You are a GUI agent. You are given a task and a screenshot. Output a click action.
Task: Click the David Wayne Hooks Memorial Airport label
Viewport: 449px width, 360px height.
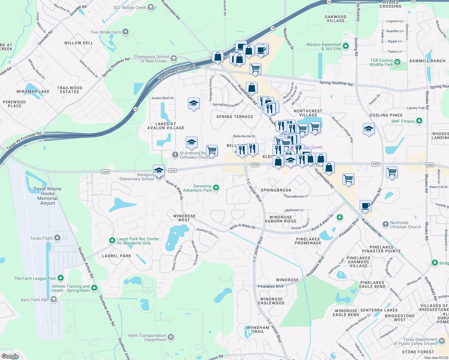pyautogui.click(x=47, y=196)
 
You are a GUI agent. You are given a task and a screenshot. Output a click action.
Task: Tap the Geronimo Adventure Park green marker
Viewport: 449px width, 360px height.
pyautogui.click(x=216, y=188)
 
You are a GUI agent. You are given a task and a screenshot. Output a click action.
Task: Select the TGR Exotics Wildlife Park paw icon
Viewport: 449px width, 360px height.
pyautogui.click(x=397, y=62)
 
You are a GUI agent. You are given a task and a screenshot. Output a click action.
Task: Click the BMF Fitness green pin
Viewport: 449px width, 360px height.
pyautogui.click(x=419, y=121)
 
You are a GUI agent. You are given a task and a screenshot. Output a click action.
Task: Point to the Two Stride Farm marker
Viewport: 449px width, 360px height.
pyautogui.click(x=125, y=32)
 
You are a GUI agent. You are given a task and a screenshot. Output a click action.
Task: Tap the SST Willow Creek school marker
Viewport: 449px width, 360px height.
pyautogui.click(x=151, y=7)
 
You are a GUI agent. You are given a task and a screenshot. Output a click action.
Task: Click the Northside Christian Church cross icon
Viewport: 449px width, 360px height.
pyautogui.click(x=385, y=224)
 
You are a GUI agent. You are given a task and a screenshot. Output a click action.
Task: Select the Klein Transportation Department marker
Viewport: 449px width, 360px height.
pyautogui.click(x=170, y=337)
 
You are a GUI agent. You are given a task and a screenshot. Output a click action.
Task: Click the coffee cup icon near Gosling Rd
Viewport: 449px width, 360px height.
pyautogui.click(x=365, y=206)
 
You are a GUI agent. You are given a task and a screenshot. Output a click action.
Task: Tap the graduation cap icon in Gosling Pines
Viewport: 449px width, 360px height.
pyautogui.click(x=368, y=129)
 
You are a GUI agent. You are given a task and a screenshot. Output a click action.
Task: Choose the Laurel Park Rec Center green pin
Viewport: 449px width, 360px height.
pyautogui.click(x=112, y=241)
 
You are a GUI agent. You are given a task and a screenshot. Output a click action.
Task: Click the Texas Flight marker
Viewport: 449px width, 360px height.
pyautogui.click(x=57, y=238)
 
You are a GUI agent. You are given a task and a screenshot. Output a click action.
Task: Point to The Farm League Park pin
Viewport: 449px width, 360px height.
pyautogui.click(x=61, y=278)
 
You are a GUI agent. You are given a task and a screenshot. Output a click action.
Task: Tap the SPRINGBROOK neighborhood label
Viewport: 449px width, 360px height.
pyautogui.click(x=276, y=190)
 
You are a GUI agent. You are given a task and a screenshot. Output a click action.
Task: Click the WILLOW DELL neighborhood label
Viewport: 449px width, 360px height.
pyautogui.click(x=79, y=43)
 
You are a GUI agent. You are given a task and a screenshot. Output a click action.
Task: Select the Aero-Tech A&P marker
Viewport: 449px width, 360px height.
pyautogui.click(x=53, y=299)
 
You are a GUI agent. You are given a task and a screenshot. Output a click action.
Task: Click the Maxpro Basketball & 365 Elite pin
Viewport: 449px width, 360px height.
pyautogui.click(x=345, y=46)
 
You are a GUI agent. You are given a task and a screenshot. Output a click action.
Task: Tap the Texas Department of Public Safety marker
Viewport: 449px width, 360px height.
pyautogui.click(x=441, y=341)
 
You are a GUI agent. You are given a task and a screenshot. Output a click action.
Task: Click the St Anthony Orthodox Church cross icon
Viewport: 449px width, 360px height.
pyautogui.click(x=175, y=155)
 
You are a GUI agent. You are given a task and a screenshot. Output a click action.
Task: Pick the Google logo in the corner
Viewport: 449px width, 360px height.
pyautogui.click(x=10, y=356)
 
